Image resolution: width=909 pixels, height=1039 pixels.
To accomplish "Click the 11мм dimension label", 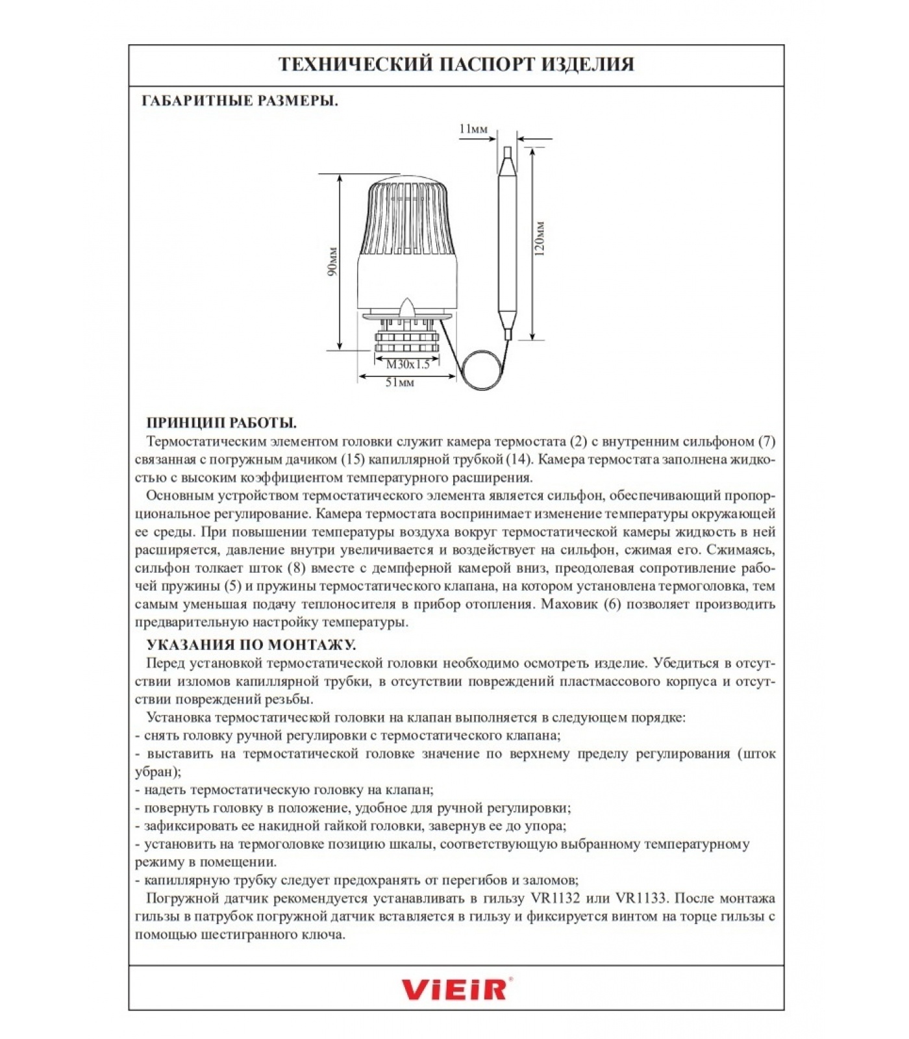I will [473, 129].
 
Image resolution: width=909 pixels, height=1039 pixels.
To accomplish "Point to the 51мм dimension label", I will [399, 382].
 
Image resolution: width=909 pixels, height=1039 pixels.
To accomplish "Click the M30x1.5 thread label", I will [408, 364].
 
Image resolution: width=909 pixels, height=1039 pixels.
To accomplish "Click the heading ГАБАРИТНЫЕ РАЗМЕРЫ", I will [240, 101].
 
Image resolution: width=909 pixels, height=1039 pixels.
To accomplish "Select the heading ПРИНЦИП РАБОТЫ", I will [221, 423].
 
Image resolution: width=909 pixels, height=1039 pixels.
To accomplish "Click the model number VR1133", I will [640, 899].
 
